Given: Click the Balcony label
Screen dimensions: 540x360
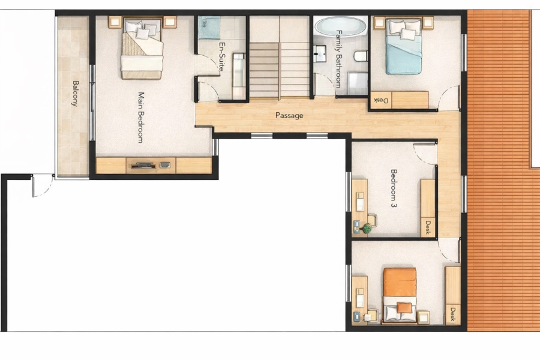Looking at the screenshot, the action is (x=76, y=94).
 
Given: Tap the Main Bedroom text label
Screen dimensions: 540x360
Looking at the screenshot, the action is (x=140, y=118).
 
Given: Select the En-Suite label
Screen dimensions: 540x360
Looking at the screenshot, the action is (x=222, y=56).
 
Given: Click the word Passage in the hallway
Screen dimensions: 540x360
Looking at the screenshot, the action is (x=289, y=115).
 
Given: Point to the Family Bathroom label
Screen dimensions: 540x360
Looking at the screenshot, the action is (x=339, y=59).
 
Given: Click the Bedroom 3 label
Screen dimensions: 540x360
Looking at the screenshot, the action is (x=394, y=188).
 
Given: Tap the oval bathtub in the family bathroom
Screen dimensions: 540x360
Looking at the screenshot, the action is (x=341, y=26).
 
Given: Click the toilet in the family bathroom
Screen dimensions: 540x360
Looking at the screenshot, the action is (x=361, y=55).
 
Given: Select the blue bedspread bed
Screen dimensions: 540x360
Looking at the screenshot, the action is (x=404, y=47).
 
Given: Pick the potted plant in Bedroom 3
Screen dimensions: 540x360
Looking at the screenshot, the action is (x=367, y=228).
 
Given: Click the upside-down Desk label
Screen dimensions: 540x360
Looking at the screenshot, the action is (x=381, y=101).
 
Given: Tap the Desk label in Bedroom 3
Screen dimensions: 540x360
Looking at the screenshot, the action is (x=428, y=228).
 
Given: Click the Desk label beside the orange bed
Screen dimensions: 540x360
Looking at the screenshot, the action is (x=452, y=314).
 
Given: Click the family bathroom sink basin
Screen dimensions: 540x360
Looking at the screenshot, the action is (x=320, y=54).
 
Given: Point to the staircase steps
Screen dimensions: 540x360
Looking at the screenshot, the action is (x=279, y=70).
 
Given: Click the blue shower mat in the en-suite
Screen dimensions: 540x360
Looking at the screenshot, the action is (x=209, y=28).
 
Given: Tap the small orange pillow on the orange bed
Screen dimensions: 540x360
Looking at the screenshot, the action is (x=404, y=308).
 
